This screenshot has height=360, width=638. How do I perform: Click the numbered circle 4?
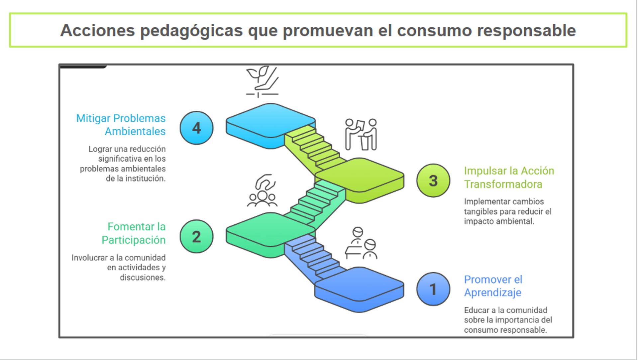tap(196, 128)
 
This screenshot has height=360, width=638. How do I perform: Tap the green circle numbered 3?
tap(433, 180)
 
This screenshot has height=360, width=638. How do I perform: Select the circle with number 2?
tap(196, 236)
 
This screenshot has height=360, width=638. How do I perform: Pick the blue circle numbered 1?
tap(433, 289)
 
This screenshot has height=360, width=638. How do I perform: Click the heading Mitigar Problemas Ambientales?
tap(121, 125)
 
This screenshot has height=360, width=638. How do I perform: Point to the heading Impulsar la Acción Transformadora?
tap(509, 177)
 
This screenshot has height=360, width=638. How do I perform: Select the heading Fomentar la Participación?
tap(134, 233)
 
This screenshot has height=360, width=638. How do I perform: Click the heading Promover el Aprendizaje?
tap(493, 286)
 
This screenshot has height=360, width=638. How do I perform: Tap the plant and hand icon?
tap(262, 82)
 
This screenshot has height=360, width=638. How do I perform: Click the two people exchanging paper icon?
tap(361, 134)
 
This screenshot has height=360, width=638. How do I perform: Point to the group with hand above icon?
tap(262, 190)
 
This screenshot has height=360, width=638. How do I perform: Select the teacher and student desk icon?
tap(361, 243)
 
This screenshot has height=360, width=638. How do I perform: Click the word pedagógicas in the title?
tap(192, 31)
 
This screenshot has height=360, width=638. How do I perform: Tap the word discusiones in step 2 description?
tap(143, 277)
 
